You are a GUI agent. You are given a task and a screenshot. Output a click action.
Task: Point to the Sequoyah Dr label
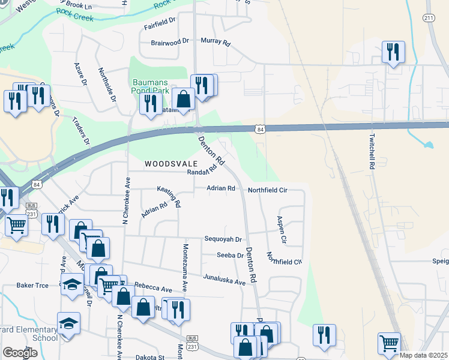click(222, 239)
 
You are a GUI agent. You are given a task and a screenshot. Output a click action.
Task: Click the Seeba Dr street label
click(230, 255)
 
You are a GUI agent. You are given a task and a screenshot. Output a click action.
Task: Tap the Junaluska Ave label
click(224, 281)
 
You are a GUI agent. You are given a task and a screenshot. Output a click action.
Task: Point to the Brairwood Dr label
click(170, 41)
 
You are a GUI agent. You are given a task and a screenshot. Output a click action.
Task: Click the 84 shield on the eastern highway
click(259, 130)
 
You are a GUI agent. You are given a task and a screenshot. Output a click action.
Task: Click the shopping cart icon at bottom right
click(389, 343)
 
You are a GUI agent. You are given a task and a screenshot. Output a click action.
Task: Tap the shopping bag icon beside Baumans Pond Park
click(183, 98)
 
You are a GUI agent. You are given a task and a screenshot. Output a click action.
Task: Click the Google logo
click(20, 352)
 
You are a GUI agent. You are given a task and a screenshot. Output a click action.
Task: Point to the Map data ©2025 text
click(423, 355)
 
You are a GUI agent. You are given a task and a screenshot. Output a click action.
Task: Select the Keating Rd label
click(169, 196)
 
